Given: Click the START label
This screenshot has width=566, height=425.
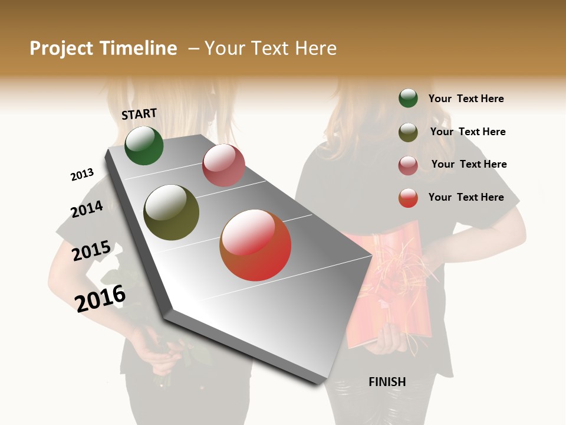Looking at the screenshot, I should click(139, 114).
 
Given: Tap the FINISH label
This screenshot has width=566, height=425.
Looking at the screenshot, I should click(387, 382).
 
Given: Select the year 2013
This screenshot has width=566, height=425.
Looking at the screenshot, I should click(82, 175).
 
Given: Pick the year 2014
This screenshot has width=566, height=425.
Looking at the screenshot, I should click(87, 209).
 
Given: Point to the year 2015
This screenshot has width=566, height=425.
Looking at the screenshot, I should click(91, 251).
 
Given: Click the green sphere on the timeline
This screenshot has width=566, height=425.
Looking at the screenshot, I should click(144, 145).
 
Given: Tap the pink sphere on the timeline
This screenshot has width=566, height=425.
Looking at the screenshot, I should click(223, 165).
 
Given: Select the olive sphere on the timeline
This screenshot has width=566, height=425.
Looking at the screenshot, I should click(172, 212).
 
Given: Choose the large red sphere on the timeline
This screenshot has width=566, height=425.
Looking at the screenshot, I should click(255, 245).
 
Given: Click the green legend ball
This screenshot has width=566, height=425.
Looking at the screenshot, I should click(408, 98).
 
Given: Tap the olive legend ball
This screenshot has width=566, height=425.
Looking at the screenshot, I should click(408, 132).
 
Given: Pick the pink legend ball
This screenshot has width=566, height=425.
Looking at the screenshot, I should click(408, 165).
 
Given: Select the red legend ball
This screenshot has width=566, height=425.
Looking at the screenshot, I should click(408, 198).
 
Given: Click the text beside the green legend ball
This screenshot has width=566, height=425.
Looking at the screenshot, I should click(466, 99).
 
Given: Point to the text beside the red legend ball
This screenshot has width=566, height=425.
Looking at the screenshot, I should click(466, 197).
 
